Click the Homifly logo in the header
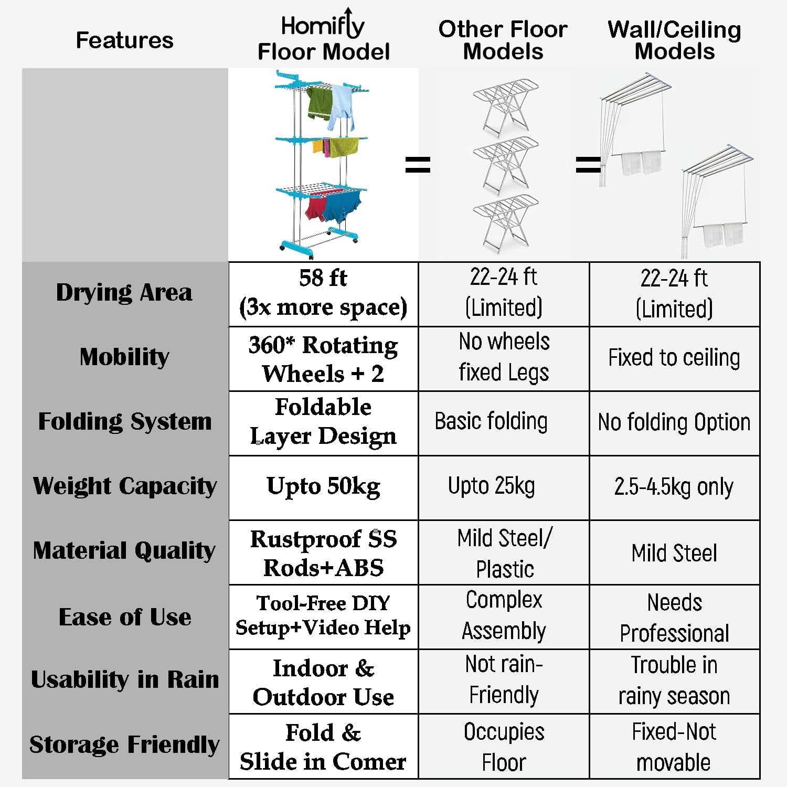pos(323,24)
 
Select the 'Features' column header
pos(124,40)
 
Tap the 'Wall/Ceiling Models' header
pos(675,40)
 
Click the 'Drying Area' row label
pos(124,293)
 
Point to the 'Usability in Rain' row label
pos(124,679)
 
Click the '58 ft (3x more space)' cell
pos(323,293)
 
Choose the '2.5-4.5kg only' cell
pos(674,487)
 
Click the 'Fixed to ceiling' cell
pos(674,358)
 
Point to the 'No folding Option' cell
pos(674,422)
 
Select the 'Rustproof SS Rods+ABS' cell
pos(323,553)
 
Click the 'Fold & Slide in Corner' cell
pos(323,747)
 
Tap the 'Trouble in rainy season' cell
pos(674,680)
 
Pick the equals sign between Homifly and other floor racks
pos(418,165)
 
